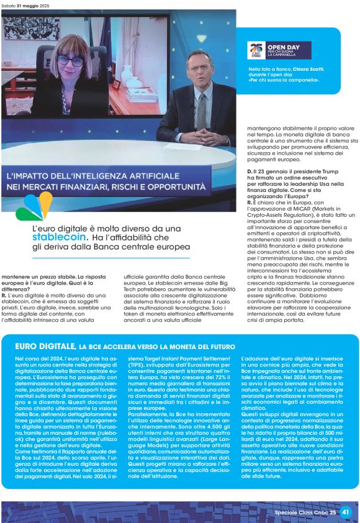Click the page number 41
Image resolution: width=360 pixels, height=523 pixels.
[346, 512]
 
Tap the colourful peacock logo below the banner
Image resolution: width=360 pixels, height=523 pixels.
[35, 206]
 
